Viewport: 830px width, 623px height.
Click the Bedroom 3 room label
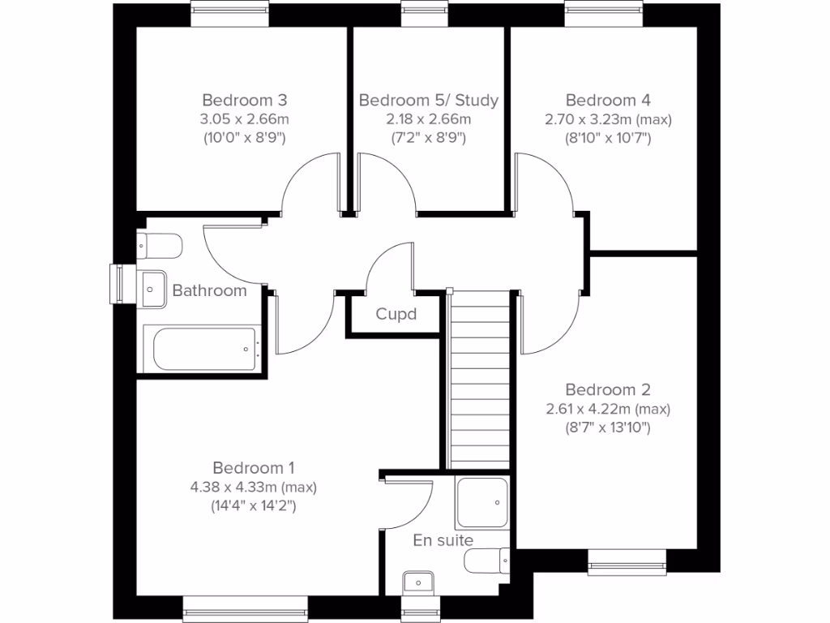(x=245, y=101)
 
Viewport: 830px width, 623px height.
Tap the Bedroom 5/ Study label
(x=428, y=101)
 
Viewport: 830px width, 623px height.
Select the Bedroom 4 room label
(x=608, y=101)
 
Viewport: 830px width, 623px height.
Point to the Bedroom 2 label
(x=608, y=389)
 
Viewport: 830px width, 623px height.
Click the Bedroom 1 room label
(x=253, y=468)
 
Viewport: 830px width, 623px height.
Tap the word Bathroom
(x=209, y=290)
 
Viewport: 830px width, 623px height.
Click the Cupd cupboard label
(x=396, y=314)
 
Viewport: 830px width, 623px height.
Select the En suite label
(x=443, y=540)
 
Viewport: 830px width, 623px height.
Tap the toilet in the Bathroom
(x=159, y=244)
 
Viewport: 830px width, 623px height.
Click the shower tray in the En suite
(x=482, y=502)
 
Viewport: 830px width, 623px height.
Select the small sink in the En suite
(x=418, y=582)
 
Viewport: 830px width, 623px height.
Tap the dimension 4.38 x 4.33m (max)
(x=253, y=488)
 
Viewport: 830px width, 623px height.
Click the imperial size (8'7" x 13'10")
(x=608, y=427)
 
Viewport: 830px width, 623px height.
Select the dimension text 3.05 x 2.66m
(x=245, y=119)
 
